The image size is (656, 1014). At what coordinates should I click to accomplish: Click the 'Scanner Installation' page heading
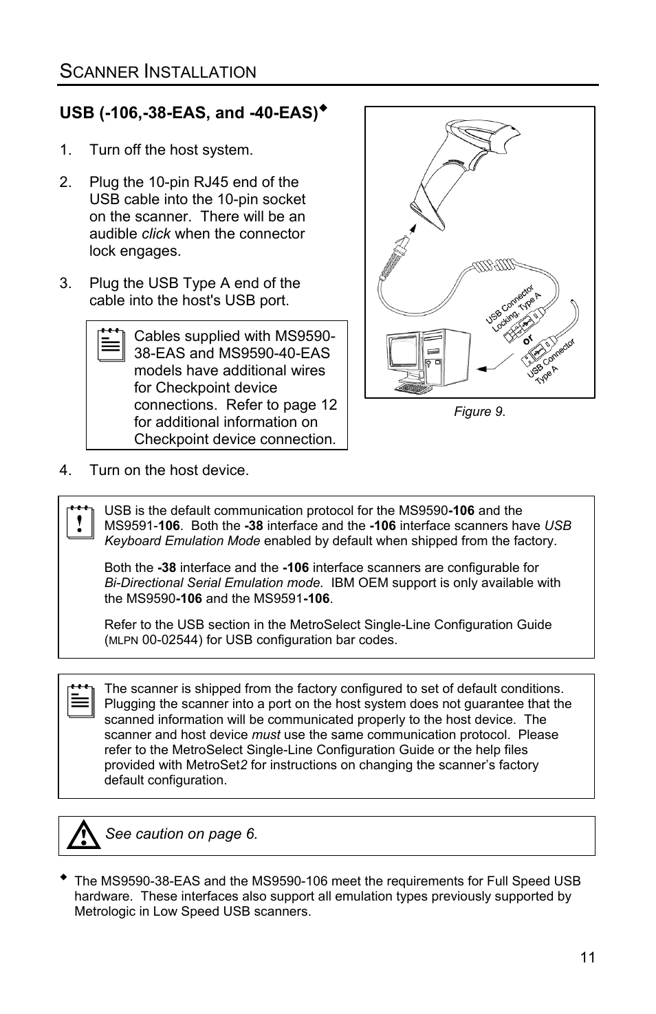[x=158, y=71]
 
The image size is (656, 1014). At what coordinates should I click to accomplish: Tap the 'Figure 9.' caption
[x=479, y=412]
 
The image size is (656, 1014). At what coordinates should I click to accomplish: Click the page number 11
[x=587, y=958]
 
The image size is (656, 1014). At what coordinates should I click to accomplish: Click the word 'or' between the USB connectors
[x=528, y=340]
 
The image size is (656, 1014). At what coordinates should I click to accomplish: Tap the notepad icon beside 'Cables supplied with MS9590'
[x=111, y=345]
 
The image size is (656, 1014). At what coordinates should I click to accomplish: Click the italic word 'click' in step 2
[x=155, y=234]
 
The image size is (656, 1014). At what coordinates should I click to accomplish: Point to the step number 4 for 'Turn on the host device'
[x=65, y=470]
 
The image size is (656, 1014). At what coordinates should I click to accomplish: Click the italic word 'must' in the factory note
[x=266, y=735]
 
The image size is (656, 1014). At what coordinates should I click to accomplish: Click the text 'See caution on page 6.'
[x=182, y=834]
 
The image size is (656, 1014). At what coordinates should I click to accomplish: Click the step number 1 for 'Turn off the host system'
[x=65, y=150]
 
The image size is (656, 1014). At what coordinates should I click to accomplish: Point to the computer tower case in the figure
[x=446, y=357]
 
